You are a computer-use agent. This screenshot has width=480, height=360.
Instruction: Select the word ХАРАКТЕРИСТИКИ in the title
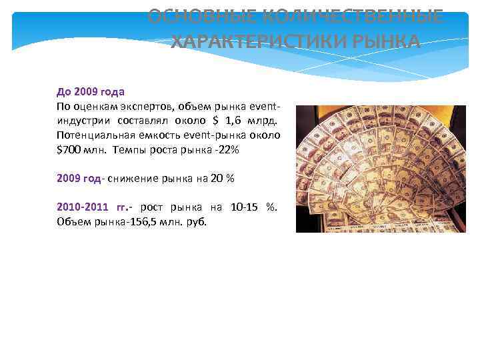click(x=256, y=43)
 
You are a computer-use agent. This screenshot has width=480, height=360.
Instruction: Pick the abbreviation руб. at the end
click(x=197, y=222)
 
